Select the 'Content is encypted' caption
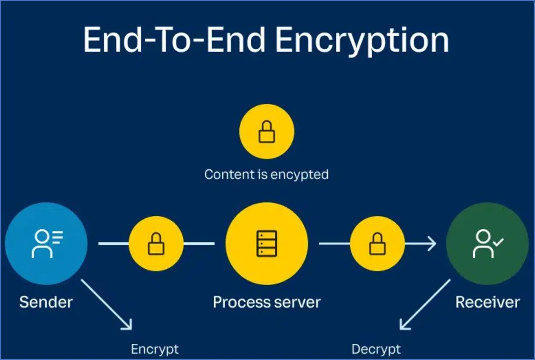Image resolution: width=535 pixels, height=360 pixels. click(x=266, y=174)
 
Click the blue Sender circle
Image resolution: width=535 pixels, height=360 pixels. click(x=46, y=243)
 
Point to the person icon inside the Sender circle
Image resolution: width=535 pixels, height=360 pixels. click(x=43, y=244)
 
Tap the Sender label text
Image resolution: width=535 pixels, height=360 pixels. click(x=46, y=302)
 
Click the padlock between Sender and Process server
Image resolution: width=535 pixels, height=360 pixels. click(x=156, y=244)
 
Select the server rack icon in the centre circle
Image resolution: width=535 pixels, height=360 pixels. click(x=267, y=244)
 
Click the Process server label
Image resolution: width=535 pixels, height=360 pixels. click(x=267, y=302)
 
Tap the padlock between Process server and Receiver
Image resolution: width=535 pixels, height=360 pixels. click(x=377, y=244)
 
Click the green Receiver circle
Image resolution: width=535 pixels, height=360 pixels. click(x=487, y=243)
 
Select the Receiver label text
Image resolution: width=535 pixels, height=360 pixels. click(x=487, y=302)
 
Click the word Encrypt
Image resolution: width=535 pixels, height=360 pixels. click(x=155, y=349)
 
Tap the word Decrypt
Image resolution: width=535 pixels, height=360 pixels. click(x=376, y=349)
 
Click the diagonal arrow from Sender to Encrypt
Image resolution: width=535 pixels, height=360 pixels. click(x=107, y=304)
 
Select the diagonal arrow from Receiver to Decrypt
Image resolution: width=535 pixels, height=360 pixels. click(x=425, y=304)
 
